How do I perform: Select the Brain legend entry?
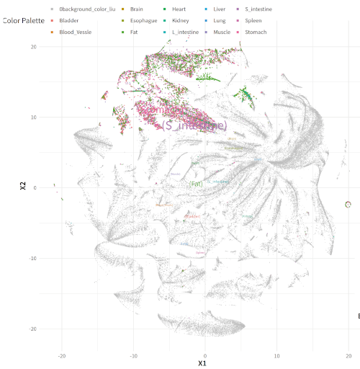(x=137, y=9)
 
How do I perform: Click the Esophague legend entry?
(x=143, y=21)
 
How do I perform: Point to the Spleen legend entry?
(x=253, y=21)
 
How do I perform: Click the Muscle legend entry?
(x=222, y=32)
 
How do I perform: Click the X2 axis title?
(x=24, y=187)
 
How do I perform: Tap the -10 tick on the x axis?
(x=133, y=355)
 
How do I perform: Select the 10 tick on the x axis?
(x=276, y=355)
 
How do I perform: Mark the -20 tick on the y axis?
(x=32, y=329)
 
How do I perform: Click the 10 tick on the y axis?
(x=33, y=117)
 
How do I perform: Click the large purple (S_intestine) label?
(x=194, y=125)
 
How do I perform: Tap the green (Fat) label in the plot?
(x=197, y=184)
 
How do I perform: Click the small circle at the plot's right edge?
(x=349, y=205)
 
